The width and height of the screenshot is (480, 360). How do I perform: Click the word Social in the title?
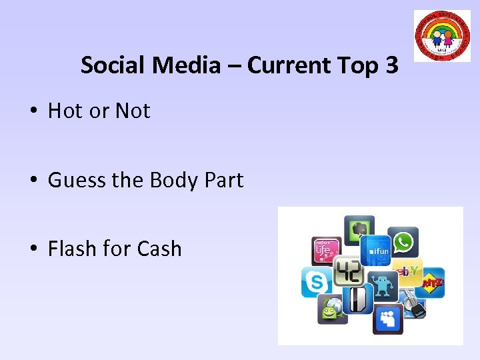coord(114,65)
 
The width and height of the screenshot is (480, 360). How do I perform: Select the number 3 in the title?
coord(391,65)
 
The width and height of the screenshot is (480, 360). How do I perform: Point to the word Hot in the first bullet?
coord(65,111)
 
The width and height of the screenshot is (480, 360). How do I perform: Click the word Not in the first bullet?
coord(133,111)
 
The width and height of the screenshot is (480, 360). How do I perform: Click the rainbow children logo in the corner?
coord(442,36)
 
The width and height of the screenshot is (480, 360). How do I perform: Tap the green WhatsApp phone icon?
coord(403,242)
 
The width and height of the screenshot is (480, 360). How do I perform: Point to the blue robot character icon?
coord(381,286)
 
